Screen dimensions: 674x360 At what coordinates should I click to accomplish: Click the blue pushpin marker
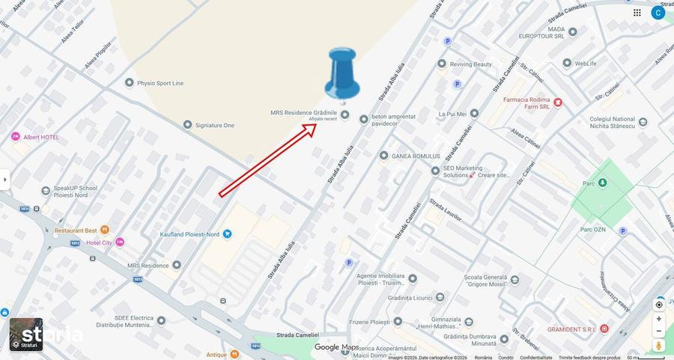coord(342,73)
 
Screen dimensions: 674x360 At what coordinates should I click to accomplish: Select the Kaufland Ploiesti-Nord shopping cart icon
coord(227,234)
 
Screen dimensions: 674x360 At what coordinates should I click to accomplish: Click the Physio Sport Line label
coord(162,83)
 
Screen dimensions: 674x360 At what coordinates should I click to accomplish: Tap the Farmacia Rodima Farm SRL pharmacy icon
coord(557,102)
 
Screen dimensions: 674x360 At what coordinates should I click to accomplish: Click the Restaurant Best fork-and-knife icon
coord(104,230)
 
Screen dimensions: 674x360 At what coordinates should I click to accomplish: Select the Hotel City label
coord(98,242)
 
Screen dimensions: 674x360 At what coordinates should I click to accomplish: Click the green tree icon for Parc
coord(603,183)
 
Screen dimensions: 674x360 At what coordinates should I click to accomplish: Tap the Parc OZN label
coord(592,229)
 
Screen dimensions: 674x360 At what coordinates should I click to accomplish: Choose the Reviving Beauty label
coord(470,64)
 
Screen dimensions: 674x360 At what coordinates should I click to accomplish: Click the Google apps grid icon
coord(637,13)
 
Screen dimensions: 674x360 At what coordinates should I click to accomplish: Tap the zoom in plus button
coord(659,319)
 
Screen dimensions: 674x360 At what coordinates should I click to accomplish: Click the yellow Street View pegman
coord(659,345)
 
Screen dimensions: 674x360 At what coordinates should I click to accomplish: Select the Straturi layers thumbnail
coord(26,335)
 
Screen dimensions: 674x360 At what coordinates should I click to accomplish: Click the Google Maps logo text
coord(337,347)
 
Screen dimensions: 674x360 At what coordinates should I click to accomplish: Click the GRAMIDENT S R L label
coord(570,329)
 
